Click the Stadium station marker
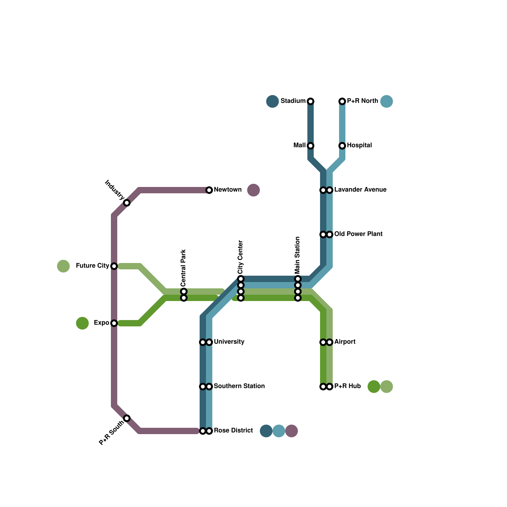(311, 101)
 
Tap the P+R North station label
(362, 101)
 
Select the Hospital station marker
(342, 146)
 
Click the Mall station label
(299, 145)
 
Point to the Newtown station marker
(209, 190)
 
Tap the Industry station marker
(127, 203)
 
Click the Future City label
(93, 266)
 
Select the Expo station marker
(114, 323)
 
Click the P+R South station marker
(127, 418)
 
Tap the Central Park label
(183, 268)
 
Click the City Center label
(241, 257)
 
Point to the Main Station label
(298, 255)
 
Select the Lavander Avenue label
(360, 190)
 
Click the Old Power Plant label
(358, 234)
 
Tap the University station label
(229, 342)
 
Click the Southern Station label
(239, 386)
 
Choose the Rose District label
(233, 431)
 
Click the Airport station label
(345, 342)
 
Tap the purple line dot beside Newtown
(253, 190)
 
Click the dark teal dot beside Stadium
(273, 101)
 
